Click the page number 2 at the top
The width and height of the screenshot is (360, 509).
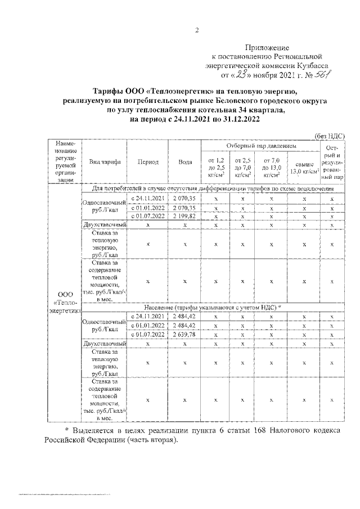tap(197, 30)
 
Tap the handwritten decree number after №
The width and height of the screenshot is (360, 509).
tap(312, 74)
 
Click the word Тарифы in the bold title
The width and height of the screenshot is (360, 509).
tap(110, 91)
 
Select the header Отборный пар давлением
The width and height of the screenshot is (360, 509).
tap(261, 146)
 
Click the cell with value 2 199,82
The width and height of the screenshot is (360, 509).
tap(185, 216)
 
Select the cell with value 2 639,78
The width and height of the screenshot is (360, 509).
tap(185, 335)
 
